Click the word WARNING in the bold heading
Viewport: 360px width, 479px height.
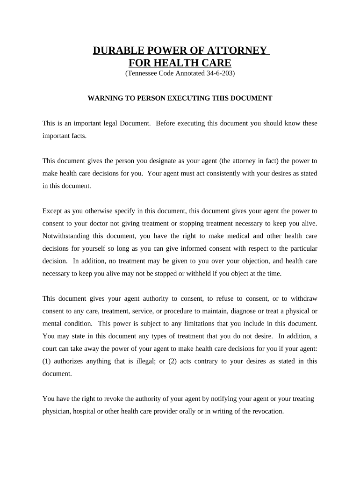click(106, 98)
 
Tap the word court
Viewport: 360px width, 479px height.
click(50, 348)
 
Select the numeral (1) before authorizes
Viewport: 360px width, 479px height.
click(47, 361)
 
